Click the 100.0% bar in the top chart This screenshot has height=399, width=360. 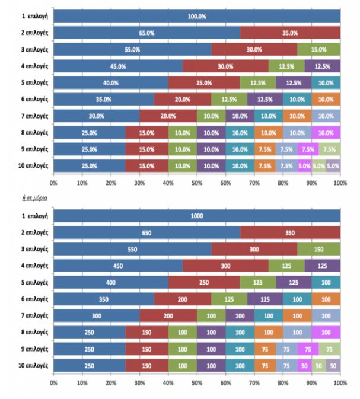coord(196,17)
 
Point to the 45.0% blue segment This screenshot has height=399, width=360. coord(117,66)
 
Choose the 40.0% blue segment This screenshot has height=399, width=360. coord(110,83)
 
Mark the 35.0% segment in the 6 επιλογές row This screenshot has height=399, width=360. coord(103,100)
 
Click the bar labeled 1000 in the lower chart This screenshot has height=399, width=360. coord(196,216)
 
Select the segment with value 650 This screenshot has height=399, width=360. coord(146,233)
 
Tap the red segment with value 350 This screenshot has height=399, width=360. coord(290,233)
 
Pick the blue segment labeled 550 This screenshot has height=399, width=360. coord(132,250)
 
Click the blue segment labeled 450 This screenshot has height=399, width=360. coord(117,266)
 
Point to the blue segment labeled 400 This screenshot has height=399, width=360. coord(110,283)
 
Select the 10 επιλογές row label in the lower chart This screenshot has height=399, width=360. coord(33,366)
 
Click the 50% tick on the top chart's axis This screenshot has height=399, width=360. coord(196,184)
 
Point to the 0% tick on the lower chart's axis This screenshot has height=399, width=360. coord(53,383)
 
